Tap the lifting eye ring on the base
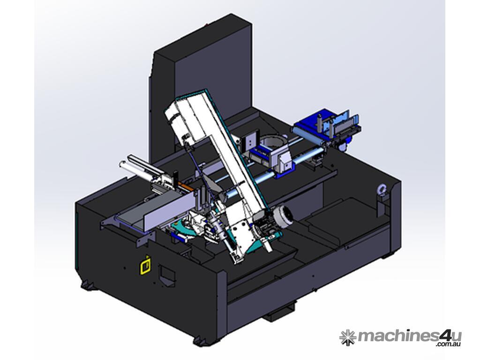[x=382, y=189]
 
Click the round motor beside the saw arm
[x=283, y=217]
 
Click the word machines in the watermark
[x=398, y=337]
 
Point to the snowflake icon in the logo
[x=348, y=337]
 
